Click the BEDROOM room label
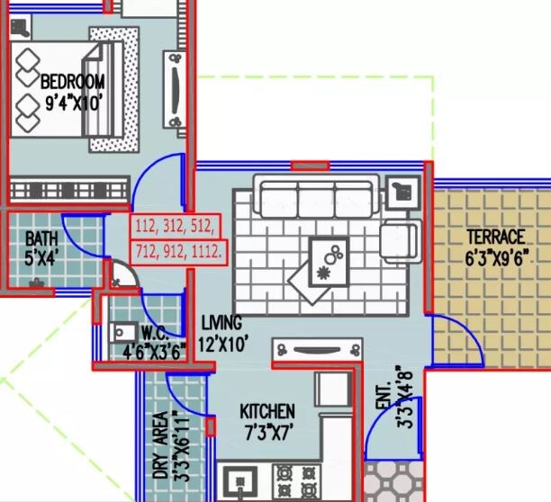point(73,82)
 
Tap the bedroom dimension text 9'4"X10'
point(73,102)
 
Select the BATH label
point(41,238)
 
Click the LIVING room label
point(221,322)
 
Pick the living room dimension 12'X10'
point(222,342)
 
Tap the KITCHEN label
point(266,411)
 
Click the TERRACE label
point(494,238)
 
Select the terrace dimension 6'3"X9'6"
point(494,256)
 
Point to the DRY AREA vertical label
point(159,445)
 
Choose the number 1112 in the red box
point(208,253)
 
